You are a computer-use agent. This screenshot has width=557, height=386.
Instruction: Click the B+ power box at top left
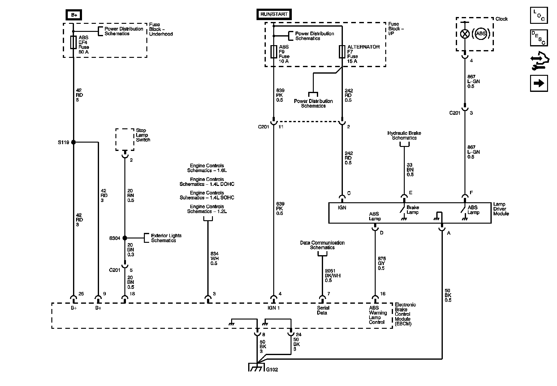point(74,15)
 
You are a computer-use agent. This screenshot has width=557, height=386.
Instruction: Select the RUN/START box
point(274,14)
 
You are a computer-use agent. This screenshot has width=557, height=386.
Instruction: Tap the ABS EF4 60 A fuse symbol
point(73,42)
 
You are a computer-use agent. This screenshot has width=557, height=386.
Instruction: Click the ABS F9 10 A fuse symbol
point(274,51)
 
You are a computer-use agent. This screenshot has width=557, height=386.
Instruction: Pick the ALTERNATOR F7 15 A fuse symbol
point(342,51)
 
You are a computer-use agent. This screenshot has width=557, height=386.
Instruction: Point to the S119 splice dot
point(73,142)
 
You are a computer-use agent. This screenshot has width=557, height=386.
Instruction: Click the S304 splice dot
point(125,238)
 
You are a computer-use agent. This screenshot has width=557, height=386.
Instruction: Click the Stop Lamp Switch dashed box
point(125,139)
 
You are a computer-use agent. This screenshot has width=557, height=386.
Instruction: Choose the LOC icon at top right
point(539,15)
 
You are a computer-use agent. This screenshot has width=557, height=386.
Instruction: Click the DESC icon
point(539,38)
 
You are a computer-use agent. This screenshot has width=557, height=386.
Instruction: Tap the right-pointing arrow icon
point(539,83)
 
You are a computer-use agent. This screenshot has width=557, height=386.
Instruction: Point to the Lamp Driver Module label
point(501,209)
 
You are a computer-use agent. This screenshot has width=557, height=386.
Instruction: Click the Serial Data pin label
point(323,310)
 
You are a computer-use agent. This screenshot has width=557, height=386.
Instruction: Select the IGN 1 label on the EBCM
point(274,308)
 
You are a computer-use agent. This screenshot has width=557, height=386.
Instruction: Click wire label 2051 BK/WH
point(333,276)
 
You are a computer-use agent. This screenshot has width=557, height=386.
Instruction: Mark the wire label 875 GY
point(382,263)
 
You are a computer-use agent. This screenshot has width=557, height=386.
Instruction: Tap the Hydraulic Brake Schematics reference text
point(404,135)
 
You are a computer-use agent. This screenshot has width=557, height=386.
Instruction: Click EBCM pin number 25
point(81,294)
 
